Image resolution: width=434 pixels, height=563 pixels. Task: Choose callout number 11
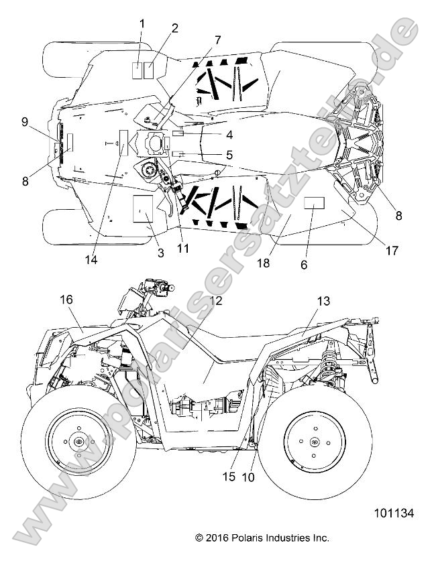[182, 248]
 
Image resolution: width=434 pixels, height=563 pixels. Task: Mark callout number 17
[391, 251]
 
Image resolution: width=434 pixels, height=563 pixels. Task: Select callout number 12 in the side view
[216, 302]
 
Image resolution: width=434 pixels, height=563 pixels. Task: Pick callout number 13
[323, 302]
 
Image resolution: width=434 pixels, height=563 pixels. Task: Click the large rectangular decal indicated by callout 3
[142, 209]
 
